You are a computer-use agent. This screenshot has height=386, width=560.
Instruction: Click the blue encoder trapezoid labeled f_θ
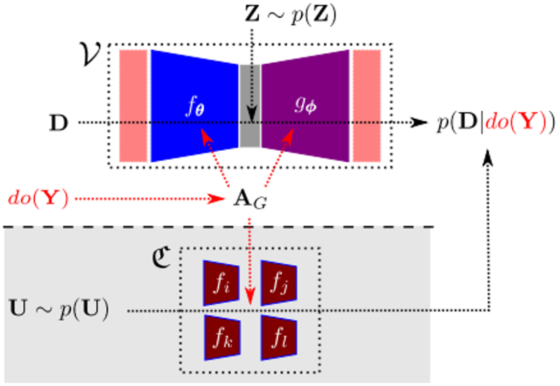(194, 106)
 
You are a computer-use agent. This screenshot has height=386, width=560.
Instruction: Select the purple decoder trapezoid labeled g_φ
(305, 106)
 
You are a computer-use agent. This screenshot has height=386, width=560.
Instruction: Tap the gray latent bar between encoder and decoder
(249, 106)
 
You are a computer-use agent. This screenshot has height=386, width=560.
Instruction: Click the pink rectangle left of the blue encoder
(133, 106)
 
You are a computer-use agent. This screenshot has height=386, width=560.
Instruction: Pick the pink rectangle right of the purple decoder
(367, 106)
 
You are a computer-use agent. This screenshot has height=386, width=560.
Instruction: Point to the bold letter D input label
(58, 123)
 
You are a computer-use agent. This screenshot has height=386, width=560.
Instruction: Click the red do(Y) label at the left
(38, 198)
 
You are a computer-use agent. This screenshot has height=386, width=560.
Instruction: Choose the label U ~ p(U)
(59, 309)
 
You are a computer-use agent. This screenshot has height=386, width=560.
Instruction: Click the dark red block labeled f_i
(221, 283)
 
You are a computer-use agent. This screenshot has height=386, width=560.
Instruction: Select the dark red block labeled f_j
(279, 283)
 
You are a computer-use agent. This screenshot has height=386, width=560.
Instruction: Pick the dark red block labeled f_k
(222, 337)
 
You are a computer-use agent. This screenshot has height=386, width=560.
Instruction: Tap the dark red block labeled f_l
(279, 337)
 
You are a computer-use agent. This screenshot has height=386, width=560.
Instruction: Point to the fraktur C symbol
(161, 257)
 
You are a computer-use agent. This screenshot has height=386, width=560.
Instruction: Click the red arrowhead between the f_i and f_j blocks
(250, 298)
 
